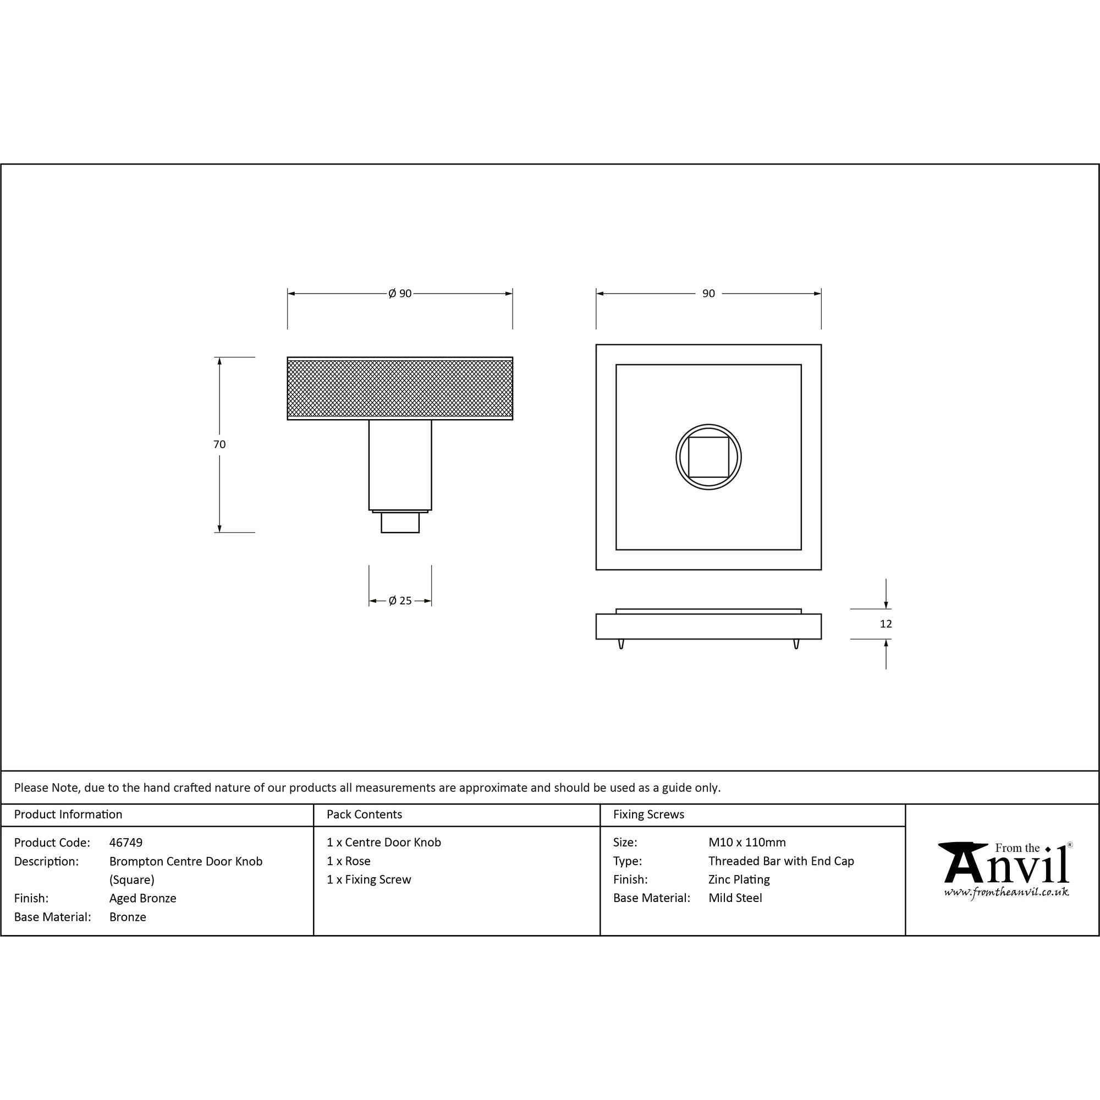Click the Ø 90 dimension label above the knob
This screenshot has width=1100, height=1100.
[400, 294]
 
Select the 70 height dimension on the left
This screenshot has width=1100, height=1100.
[219, 444]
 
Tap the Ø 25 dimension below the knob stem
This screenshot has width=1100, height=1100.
[400, 601]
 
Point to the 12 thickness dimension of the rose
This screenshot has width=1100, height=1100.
[886, 624]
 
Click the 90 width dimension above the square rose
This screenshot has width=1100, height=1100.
[708, 294]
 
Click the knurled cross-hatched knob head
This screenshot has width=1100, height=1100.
[400, 388]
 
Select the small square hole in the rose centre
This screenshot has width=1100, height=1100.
[708, 457]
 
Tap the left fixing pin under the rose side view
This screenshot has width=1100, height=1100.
[621, 644]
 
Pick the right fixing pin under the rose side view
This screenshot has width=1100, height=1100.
[796, 644]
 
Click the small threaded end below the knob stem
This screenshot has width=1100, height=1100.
[400, 522]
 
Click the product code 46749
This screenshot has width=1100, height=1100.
[126, 843]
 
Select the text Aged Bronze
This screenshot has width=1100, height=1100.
[143, 899]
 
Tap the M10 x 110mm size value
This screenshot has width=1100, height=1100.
[747, 843]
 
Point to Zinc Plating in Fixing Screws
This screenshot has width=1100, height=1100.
[739, 879]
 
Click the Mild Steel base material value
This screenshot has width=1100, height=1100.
[735, 899]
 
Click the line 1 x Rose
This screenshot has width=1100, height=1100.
[349, 861]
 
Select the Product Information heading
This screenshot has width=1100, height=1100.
[68, 815]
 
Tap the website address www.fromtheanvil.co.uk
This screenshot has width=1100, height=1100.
[1006, 892]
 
